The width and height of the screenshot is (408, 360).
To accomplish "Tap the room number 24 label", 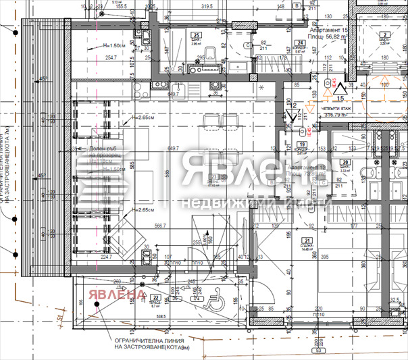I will pos(299,42).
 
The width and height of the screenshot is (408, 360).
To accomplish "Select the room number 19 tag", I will pos(301,144).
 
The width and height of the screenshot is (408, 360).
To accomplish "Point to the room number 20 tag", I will pos(345,163).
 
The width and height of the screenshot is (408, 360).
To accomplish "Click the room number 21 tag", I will pos(307,241).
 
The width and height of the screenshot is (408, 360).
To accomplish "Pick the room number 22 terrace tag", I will pos(155,297).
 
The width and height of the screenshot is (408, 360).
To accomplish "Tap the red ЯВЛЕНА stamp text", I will pos(116,294).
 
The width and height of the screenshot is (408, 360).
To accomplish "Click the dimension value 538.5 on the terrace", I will pos(161,315).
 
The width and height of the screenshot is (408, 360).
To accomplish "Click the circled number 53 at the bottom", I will pos(315,351).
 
